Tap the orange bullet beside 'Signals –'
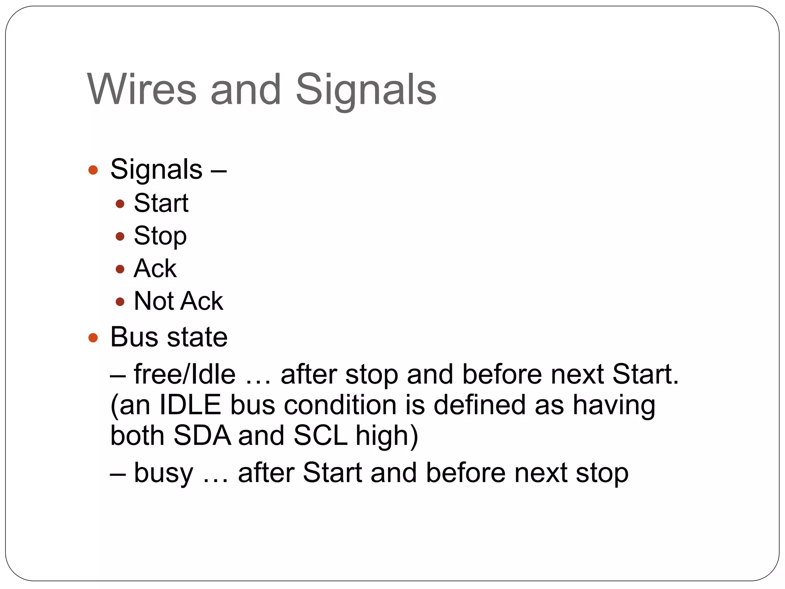[x=93, y=170]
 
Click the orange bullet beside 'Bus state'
[x=93, y=338]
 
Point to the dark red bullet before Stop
[x=120, y=236]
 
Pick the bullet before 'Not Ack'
[x=120, y=302]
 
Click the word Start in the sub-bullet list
[x=161, y=203]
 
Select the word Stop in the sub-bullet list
[x=160, y=236]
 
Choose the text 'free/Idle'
[x=184, y=374]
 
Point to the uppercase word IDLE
[x=190, y=405]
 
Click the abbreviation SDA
[x=202, y=436]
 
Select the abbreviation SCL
[x=320, y=436]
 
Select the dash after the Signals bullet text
[x=218, y=170]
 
